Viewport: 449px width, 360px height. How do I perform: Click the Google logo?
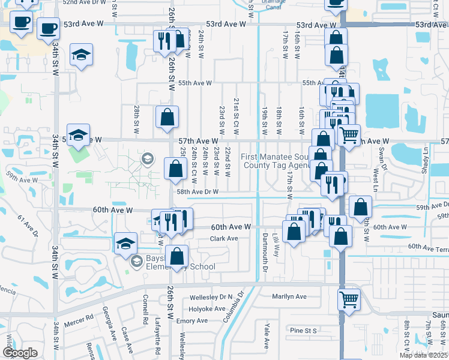coord(20,352)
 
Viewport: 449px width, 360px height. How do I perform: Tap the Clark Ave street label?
coord(224,238)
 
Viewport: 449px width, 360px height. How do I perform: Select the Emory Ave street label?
coord(192,321)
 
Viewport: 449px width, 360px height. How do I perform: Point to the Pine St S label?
coord(303,331)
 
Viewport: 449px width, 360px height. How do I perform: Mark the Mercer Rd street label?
coord(82,316)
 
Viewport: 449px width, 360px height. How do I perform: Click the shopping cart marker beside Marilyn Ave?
coord(348,298)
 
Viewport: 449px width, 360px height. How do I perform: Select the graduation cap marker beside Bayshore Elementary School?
coord(125,244)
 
